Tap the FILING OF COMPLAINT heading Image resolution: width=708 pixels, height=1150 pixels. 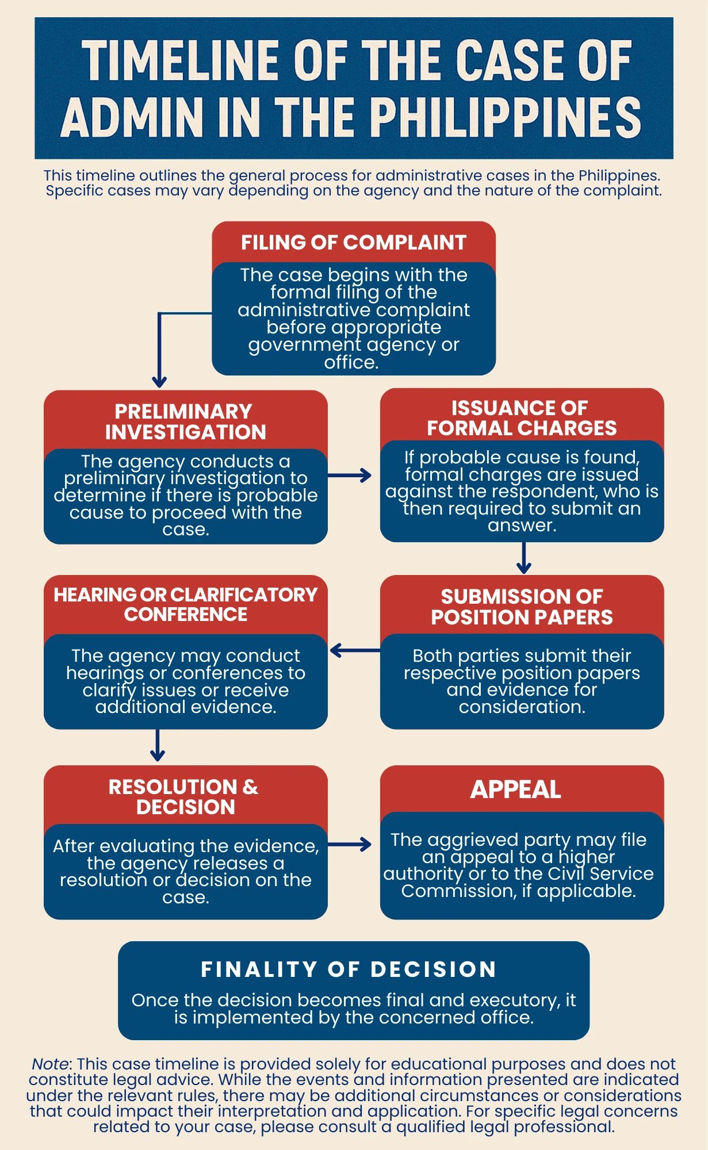click(x=353, y=243)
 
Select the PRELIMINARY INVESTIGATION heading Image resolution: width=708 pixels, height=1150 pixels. click(x=185, y=421)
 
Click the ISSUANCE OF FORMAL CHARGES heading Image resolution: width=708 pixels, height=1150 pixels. click(x=521, y=418)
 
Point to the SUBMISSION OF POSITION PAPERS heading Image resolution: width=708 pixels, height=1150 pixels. click(x=522, y=607)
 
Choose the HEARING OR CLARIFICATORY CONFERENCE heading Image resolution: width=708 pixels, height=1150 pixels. click(x=185, y=604)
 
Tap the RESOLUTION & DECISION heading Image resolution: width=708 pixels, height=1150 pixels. click(x=185, y=796)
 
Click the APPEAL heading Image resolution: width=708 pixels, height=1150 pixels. click(x=515, y=789)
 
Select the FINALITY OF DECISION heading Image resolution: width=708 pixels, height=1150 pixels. click(x=349, y=969)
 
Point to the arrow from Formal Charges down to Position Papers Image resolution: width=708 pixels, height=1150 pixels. click(x=523, y=558)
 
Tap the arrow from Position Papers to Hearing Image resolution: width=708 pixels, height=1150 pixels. click(x=354, y=650)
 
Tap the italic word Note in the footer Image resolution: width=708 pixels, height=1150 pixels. click(x=49, y=1064)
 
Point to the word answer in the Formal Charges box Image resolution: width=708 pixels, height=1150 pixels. click(x=521, y=526)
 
